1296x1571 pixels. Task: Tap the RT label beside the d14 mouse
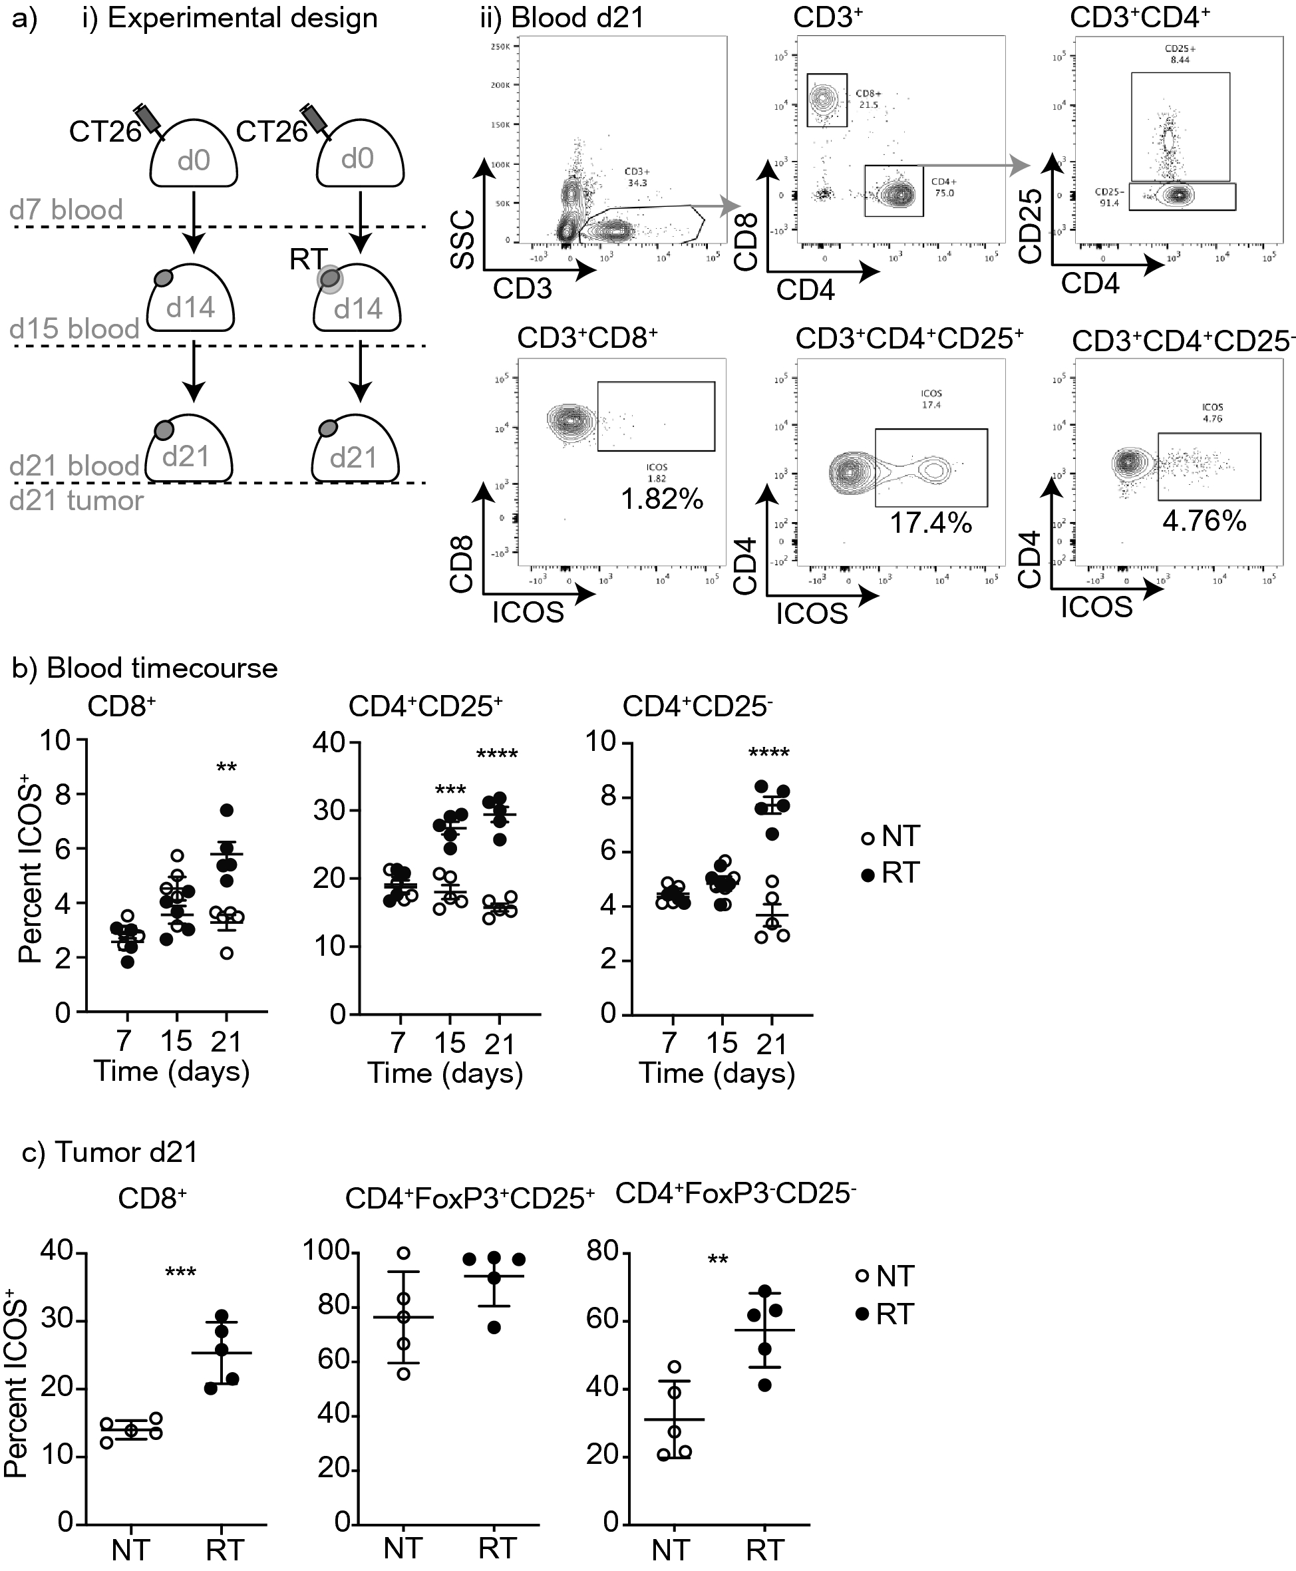coord(307,259)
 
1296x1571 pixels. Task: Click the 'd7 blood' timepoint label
coord(66,210)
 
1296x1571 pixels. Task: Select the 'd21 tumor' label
coord(76,500)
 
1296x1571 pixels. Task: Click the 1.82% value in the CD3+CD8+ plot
coord(662,500)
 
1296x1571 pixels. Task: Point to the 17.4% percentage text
coord(930,523)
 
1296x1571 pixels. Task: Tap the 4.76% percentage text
coord(1204,521)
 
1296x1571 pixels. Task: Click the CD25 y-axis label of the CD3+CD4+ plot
coord(1031,226)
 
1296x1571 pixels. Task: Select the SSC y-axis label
coord(463,239)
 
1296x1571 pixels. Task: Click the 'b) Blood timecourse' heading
coord(145,668)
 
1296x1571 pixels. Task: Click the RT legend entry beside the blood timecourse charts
coord(890,873)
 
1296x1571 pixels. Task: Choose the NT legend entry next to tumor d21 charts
coord(885,1277)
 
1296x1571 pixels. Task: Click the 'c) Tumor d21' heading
coord(110,1153)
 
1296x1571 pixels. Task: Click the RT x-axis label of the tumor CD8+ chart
coord(225,1551)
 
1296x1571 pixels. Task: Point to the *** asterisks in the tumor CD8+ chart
coord(181,1273)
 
